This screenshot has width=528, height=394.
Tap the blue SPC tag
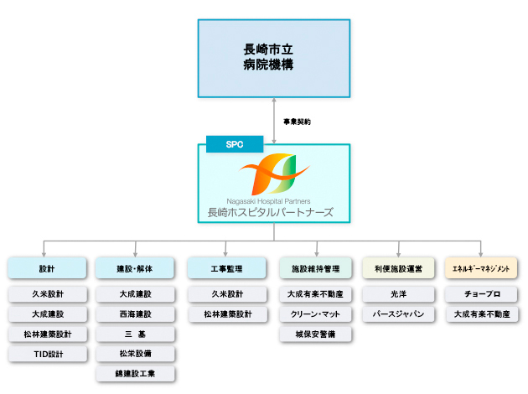tap(234, 144)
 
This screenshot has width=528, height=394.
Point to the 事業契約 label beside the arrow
tap(297, 122)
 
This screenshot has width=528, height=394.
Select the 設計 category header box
tap(47, 268)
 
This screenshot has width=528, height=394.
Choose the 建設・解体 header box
tap(135, 268)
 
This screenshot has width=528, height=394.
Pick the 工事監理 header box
tap(226, 268)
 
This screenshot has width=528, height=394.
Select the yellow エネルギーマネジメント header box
tap(481, 268)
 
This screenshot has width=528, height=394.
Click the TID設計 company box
tap(47, 355)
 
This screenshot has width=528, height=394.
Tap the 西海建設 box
tap(135, 314)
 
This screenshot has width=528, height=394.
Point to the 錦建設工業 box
tap(135, 374)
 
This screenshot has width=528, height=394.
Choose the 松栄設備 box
tap(135, 355)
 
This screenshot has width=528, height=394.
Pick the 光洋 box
tap(398, 294)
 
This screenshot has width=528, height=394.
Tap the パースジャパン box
tap(398, 314)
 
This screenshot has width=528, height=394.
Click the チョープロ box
tap(481, 294)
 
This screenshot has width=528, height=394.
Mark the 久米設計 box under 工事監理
tap(226, 294)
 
